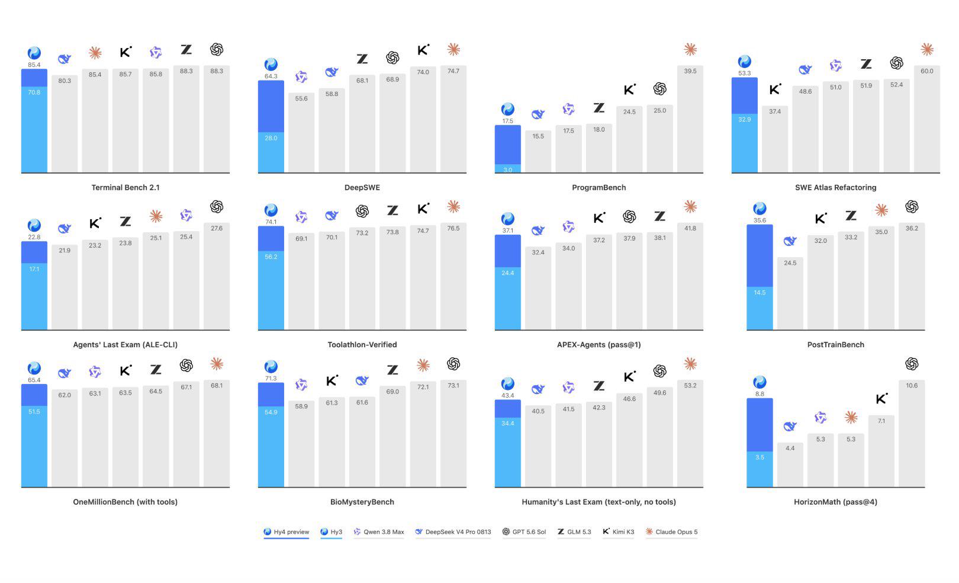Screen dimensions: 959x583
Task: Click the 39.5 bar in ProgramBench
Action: pos(690,119)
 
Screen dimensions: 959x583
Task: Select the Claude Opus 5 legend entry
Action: pos(672,532)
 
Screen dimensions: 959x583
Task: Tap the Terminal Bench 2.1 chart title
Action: pos(125,188)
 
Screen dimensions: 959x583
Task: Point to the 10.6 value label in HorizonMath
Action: pos(912,386)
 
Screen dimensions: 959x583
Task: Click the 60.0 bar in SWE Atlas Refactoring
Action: pos(927,119)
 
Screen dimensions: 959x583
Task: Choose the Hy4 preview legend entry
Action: pos(287,532)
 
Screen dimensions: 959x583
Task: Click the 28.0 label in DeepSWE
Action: pos(271,138)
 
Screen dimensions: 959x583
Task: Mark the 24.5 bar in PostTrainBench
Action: pos(790,293)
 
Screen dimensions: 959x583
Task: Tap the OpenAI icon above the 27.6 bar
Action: pos(217,207)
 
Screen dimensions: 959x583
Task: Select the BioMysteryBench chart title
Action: pos(362,502)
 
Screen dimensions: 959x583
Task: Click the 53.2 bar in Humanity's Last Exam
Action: pos(690,434)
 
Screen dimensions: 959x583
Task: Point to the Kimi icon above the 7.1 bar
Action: pos(881,399)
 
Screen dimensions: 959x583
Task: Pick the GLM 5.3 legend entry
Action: pos(574,532)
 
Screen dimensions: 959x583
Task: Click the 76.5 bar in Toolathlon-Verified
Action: pos(453,276)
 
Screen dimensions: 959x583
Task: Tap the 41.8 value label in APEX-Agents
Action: pos(690,228)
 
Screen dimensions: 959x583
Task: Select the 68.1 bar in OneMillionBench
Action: pos(217,434)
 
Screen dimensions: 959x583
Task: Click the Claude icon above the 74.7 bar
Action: pos(453,50)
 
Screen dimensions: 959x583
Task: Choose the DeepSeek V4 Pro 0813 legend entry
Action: pos(453,532)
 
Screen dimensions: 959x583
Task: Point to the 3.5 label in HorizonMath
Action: pos(760,457)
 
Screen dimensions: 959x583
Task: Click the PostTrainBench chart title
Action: pos(836,345)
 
